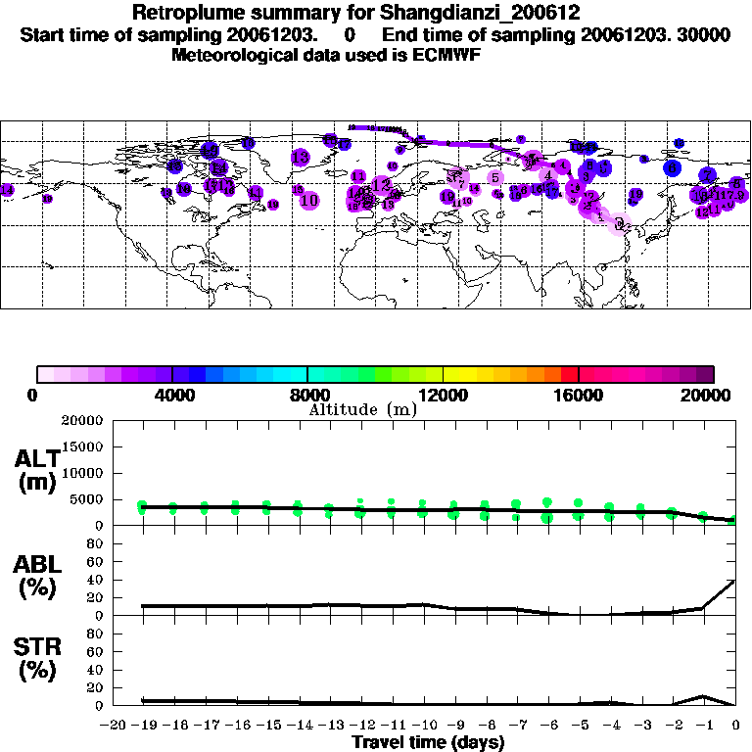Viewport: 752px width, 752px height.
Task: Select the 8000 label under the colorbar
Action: (x=307, y=395)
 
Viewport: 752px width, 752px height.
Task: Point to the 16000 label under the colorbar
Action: (x=579, y=395)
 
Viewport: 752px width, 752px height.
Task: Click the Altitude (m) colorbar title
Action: (x=362, y=409)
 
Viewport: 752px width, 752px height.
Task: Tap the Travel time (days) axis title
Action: (x=428, y=743)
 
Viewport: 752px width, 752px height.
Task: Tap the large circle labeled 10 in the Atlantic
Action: (x=310, y=201)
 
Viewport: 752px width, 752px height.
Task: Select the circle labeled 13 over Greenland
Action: (x=300, y=157)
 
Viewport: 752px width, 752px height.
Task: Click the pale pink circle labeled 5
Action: (x=495, y=177)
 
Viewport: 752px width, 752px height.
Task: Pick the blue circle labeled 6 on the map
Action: (x=673, y=168)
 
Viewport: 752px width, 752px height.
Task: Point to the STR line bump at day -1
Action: (x=704, y=697)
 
